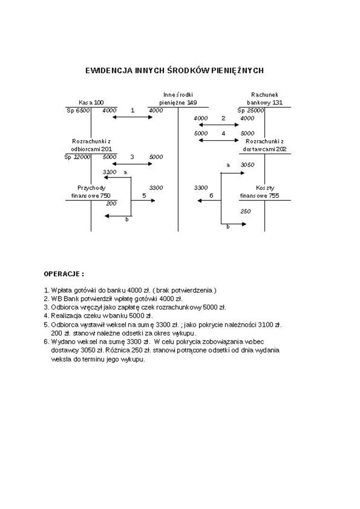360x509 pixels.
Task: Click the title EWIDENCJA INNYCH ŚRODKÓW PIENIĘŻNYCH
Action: tap(174, 71)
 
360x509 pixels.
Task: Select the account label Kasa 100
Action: tap(91, 102)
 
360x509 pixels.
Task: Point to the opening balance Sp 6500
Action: tap(77, 110)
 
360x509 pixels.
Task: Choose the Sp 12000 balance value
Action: tap(77, 157)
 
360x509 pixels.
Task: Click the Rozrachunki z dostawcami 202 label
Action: tap(264, 145)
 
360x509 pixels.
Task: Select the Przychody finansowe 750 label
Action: tap(91, 192)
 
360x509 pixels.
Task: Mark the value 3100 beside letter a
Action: tap(109, 172)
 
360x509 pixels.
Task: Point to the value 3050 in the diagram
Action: tap(248, 165)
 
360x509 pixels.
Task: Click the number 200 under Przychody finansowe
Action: tap(111, 204)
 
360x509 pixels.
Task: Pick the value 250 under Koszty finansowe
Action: tap(245, 212)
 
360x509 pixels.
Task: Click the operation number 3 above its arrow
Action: tap(132, 157)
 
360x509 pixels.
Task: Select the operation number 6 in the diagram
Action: tap(211, 196)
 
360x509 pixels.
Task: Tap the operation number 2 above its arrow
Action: tap(224, 118)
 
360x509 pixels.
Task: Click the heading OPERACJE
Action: tap(64, 274)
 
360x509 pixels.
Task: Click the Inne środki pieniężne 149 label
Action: tap(178, 98)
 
